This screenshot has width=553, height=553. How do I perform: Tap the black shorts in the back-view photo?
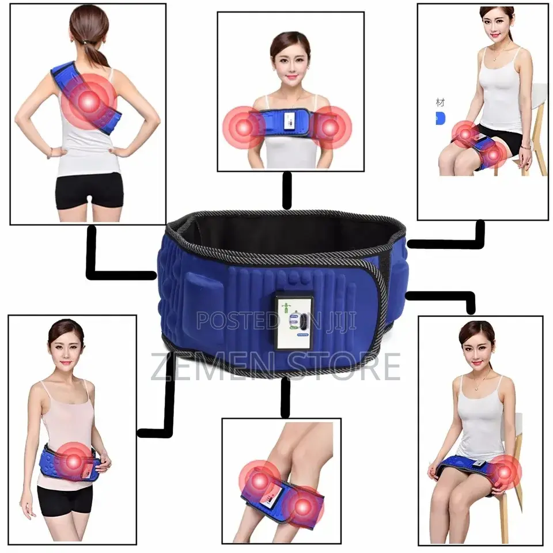89,190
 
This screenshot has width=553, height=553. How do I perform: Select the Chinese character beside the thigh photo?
441,103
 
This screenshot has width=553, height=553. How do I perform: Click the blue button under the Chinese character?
441,119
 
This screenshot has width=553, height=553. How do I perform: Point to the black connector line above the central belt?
286,190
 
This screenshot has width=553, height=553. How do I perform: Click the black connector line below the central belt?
285,397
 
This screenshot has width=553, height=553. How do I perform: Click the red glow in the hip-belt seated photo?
505,471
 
